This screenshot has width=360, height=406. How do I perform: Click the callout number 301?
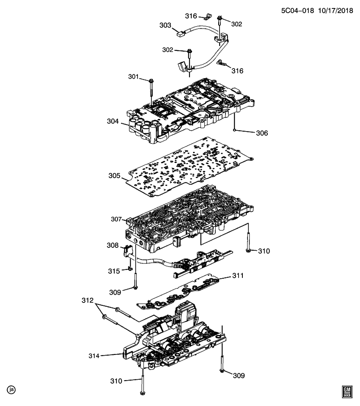[x=134, y=77]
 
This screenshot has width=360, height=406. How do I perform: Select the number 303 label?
[x=165, y=25]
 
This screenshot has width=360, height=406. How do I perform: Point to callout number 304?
[x=113, y=121]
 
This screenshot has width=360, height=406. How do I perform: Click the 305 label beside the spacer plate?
[x=114, y=176]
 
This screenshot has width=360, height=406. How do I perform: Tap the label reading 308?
[x=113, y=245]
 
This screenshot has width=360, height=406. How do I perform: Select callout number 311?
[x=237, y=276]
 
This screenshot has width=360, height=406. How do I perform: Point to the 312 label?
[x=87, y=301]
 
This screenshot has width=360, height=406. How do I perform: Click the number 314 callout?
[x=93, y=356]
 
